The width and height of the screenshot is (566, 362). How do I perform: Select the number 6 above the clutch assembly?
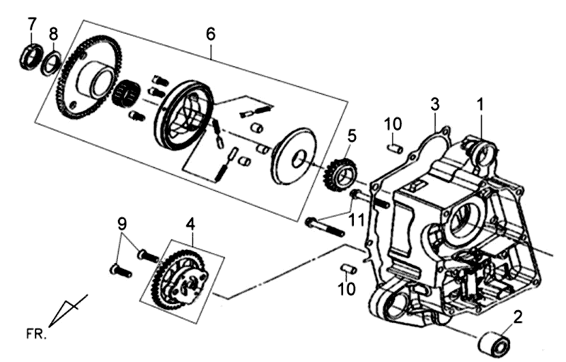pyautogui.click(x=210, y=33)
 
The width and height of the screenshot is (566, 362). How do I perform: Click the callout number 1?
pyautogui.click(x=480, y=105)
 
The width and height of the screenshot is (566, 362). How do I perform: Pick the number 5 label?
pyautogui.click(x=352, y=134)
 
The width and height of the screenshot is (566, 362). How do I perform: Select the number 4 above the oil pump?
pyautogui.click(x=190, y=223)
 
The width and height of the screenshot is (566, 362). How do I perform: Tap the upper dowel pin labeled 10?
pyautogui.click(x=395, y=148)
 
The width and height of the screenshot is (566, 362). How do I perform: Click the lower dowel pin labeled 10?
pyautogui.click(x=347, y=268)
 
